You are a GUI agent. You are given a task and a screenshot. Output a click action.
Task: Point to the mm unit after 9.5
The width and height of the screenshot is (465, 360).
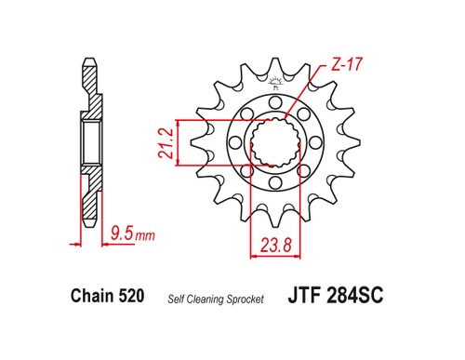pyautogui.click(x=144, y=236)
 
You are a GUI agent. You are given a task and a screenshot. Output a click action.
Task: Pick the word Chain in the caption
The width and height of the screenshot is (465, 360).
pyautogui.click(x=91, y=298)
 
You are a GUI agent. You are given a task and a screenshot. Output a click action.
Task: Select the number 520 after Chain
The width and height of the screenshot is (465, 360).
pyautogui.click(x=131, y=298)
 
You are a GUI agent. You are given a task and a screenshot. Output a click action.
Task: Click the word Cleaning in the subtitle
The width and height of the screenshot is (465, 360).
pyautogui.click(x=211, y=300)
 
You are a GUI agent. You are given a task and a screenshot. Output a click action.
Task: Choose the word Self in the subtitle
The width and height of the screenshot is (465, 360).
pyautogui.click(x=177, y=300)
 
